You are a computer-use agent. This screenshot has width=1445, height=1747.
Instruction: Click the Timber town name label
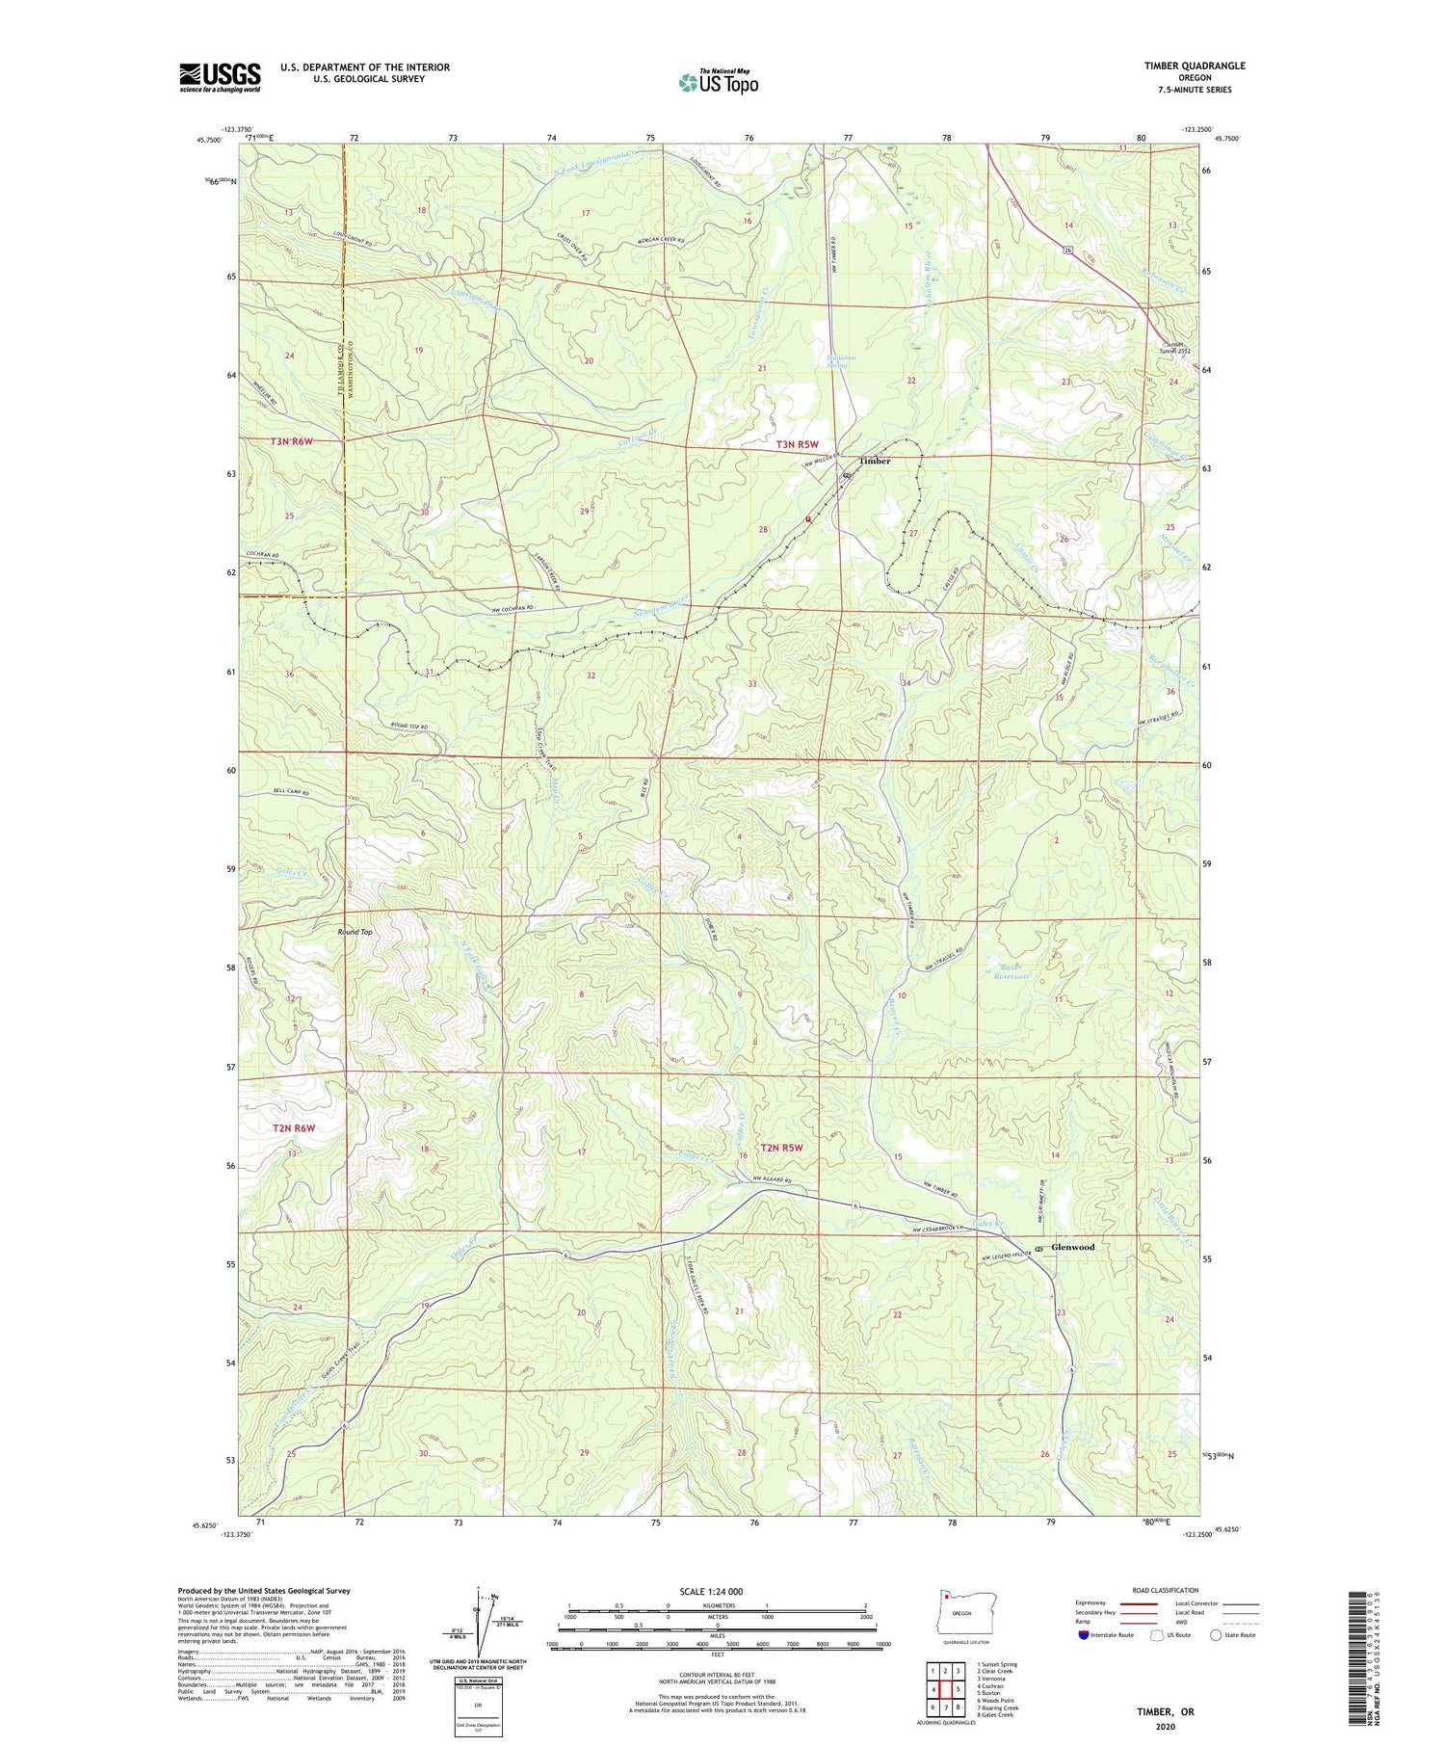(x=875, y=461)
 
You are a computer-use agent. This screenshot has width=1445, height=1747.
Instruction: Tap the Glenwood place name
(x=1073, y=1247)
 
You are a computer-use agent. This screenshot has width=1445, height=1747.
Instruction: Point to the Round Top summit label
(x=355, y=932)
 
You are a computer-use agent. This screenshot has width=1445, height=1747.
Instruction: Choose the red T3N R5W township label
(x=797, y=444)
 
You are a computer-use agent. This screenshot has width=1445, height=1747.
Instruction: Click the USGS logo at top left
(x=220, y=77)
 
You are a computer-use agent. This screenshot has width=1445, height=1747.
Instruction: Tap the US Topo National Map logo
(x=719, y=82)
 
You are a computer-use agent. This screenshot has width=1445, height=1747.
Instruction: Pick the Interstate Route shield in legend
(x=1083, y=1635)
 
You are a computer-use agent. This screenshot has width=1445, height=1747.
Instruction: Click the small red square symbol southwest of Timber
(x=808, y=519)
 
